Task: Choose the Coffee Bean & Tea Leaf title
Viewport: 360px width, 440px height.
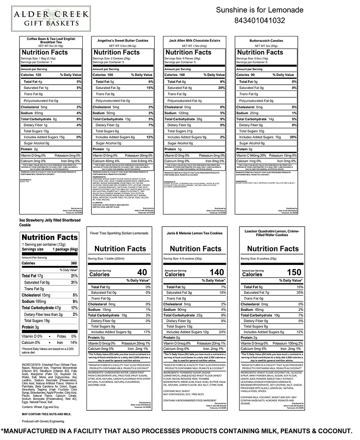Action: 51,40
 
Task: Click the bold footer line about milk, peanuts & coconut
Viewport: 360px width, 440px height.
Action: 180,431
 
